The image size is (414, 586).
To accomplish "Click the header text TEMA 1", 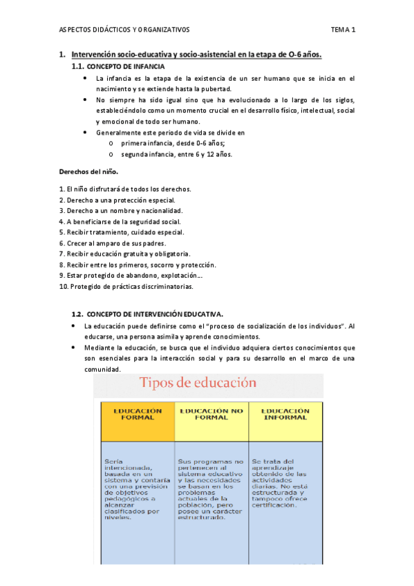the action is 343,30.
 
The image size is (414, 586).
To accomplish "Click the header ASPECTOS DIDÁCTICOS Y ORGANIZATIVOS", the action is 124,30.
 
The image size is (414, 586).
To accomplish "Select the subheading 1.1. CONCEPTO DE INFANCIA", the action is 118,67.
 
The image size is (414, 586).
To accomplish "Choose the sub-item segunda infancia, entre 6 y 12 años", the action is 176,154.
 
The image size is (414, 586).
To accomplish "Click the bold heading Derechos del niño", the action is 88,171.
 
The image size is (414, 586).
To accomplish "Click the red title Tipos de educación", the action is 198,382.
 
